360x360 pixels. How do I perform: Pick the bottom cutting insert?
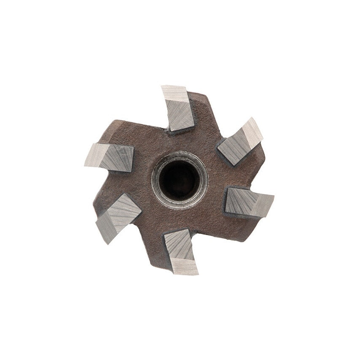[180, 251]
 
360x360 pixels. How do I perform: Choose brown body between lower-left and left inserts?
[107, 185]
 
